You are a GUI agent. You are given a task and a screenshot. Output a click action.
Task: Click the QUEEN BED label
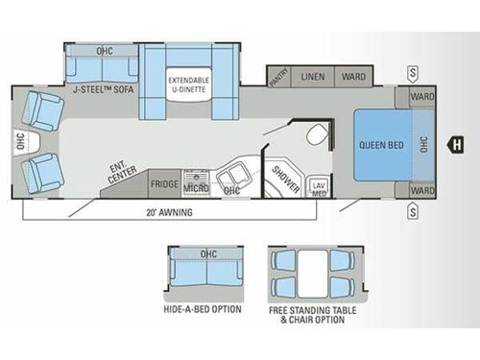click(380, 145)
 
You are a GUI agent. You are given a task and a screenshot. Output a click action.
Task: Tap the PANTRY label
click(279, 75)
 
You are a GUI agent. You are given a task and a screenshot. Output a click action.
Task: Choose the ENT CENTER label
click(122, 174)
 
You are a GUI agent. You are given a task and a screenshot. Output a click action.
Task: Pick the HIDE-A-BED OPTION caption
click(203, 310)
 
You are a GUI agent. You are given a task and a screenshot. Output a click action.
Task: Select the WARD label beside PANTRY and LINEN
click(352, 75)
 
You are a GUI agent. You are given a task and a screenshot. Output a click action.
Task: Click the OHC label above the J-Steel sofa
click(104, 49)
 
